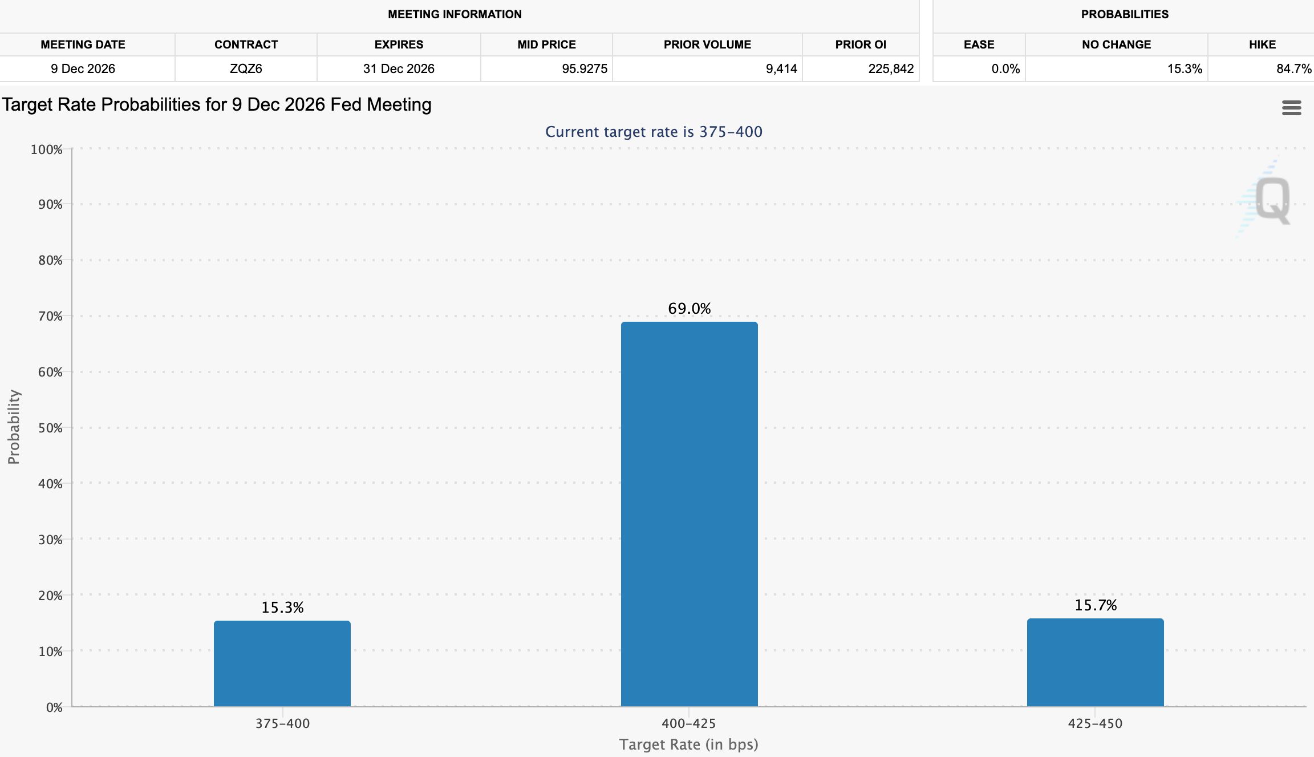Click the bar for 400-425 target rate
689,514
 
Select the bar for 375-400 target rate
282,663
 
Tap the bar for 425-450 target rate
1095,662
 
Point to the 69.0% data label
690,309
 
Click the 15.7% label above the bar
1096,605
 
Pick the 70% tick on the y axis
50,316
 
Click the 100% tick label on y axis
47,149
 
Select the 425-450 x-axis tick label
1095,723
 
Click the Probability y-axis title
14,427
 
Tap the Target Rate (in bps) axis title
689,744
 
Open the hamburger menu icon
1291,108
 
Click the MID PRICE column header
546,44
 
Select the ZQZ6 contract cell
246,69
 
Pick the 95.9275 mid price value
585,69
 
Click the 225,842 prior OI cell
891,69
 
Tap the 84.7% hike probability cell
1294,69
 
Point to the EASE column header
979,44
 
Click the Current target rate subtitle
654,132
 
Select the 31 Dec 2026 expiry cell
399,69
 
